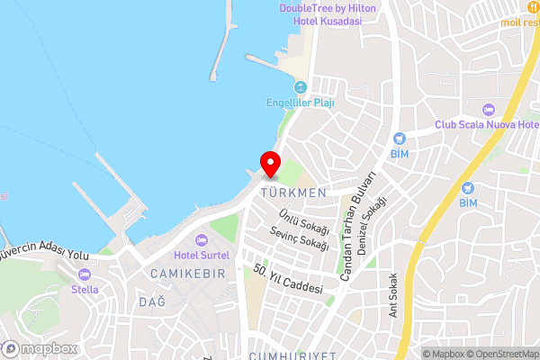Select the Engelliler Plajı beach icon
pos(301,87)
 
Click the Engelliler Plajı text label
pos(301,103)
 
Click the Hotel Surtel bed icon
pos(201,240)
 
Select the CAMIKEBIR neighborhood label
pos(187,273)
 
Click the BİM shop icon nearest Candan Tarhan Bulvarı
pos(400,139)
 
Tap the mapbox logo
pos(40,348)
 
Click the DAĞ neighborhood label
pos(152,301)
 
